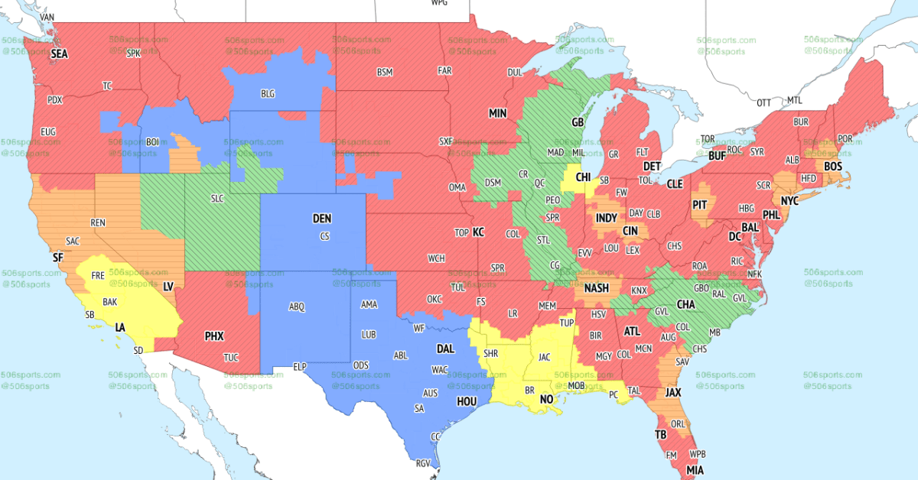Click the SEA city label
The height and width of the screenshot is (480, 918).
59,54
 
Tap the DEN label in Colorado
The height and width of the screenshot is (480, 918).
322,219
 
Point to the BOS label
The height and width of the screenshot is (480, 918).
833,166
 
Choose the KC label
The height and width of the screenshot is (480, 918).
478,232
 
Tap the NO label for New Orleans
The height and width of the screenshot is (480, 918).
548,399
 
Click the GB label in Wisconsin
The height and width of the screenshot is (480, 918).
578,122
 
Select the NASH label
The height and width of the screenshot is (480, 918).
596,288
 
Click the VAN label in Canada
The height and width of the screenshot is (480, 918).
47,16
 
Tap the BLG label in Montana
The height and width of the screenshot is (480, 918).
268,94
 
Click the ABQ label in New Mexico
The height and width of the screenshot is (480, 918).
297,306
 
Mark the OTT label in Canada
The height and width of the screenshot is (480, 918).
763,102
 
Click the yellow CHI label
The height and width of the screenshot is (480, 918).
583,177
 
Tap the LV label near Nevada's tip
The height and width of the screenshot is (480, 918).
170,286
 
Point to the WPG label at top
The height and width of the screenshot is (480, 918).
439,3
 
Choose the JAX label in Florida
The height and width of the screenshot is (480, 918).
672,392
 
